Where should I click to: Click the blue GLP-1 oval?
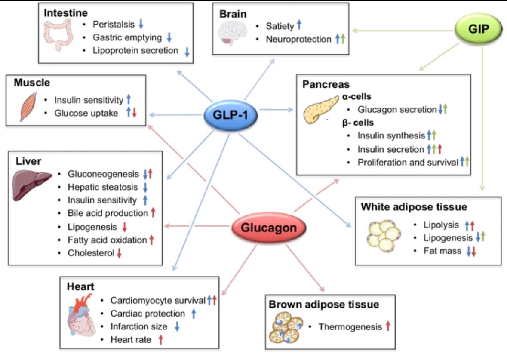[230, 115]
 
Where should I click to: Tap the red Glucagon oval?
[269, 228]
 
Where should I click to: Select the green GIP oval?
[479, 29]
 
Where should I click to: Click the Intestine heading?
[66, 13]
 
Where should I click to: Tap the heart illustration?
[81, 316]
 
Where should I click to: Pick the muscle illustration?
[28, 107]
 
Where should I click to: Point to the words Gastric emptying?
[127, 37]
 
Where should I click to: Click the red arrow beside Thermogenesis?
[388, 326]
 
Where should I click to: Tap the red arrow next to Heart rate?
[160, 340]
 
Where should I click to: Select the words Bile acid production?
[108, 213]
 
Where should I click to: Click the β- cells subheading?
[358, 123]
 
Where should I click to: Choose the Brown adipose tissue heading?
[324, 305]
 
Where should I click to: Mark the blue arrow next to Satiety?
[299, 25]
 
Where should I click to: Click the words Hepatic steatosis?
[102, 187]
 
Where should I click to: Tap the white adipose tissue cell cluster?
[384, 236]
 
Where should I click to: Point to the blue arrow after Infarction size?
[177, 326]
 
